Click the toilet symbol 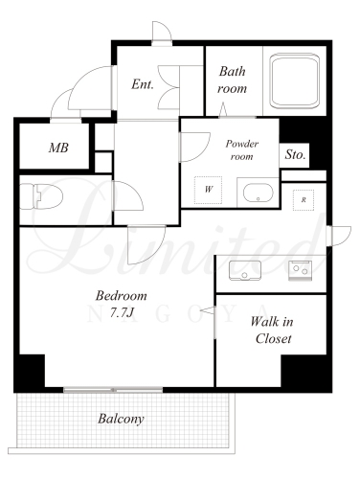point(41,196)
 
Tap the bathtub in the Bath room point(294,80)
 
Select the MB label point(58,148)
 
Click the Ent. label point(143,84)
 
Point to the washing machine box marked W point(209,190)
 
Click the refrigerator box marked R point(304,200)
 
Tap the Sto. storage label point(295,155)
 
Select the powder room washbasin point(259,193)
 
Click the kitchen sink point(245,270)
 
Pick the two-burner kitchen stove point(300,271)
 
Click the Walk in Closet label point(272,330)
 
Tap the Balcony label point(121,419)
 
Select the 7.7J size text point(122,313)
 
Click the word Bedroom point(122,296)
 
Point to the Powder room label point(242,149)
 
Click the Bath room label point(232,80)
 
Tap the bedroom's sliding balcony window point(113,390)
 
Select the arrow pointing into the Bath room point(223,109)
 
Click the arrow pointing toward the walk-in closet point(208,310)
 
